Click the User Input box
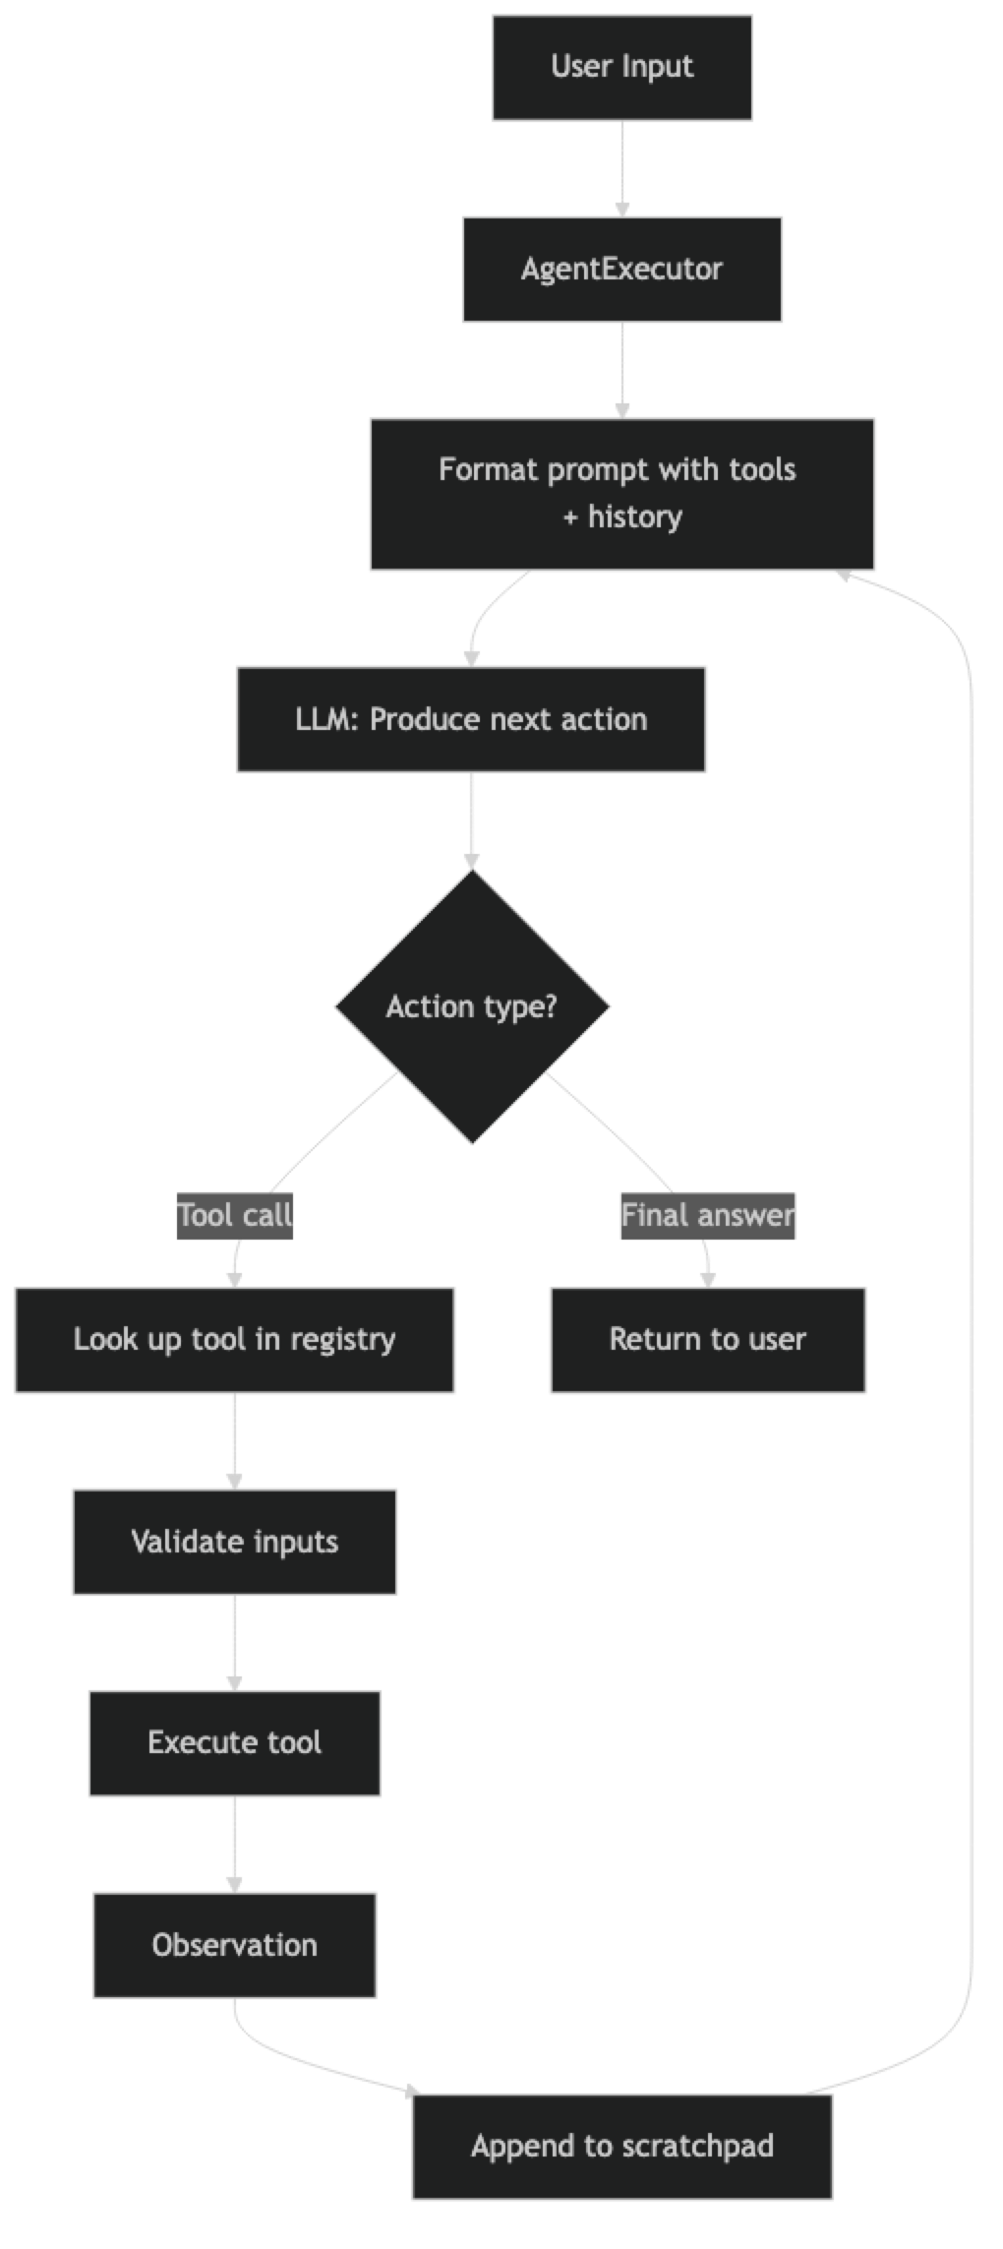click(x=621, y=67)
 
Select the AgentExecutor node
click(x=621, y=269)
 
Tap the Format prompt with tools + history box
click(x=621, y=493)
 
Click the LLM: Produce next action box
click(x=471, y=718)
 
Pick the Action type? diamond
click(x=471, y=1006)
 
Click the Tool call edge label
click(x=235, y=1215)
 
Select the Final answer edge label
click(x=707, y=1215)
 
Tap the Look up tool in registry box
click(x=234, y=1339)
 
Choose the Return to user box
click(x=707, y=1339)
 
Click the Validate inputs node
click(x=234, y=1541)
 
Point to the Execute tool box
click(x=234, y=1742)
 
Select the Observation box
click(x=234, y=1944)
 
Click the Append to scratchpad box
click(x=621, y=2146)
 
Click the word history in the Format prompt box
click(x=634, y=517)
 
